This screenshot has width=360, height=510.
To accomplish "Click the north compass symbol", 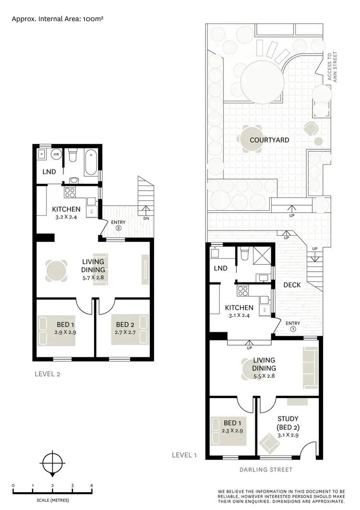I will (x=52, y=464).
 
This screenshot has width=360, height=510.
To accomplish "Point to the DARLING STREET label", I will (x=265, y=470).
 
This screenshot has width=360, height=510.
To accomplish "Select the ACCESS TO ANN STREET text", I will (x=329, y=68).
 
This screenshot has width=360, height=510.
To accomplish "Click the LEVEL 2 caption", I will (x=48, y=374).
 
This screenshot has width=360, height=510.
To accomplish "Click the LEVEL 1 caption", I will (x=185, y=455).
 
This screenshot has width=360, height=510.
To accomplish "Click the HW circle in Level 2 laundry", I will (x=57, y=155).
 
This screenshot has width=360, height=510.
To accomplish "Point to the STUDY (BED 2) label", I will (x=288, y=423).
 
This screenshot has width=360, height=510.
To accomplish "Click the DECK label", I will (x=292, y=285).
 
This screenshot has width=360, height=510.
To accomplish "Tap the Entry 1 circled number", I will (x=293, y=329).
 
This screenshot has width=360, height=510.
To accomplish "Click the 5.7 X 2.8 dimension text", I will (x=93, y=277).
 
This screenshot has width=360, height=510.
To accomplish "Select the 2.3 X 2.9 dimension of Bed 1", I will (x=232, y=430).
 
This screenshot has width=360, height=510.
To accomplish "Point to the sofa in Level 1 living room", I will (x=311, y=368).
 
